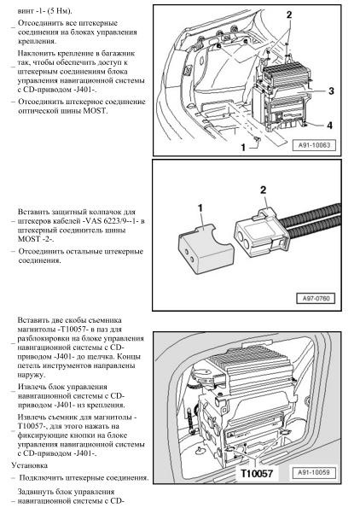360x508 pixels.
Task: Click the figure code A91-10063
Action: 314,145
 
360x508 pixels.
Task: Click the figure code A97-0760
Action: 316,298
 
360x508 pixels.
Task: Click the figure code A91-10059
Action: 314,472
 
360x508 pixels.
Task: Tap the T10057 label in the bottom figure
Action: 257,473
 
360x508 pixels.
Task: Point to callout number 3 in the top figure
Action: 331,91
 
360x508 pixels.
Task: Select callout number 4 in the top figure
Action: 329,125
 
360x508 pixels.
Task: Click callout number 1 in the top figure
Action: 243,148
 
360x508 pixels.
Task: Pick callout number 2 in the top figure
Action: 289,15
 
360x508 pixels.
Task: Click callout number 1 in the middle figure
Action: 200,208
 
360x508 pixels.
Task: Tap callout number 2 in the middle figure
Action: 264,190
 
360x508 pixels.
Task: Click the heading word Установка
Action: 30,465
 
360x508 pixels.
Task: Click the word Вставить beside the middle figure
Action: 32,213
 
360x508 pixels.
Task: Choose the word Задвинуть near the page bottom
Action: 37,492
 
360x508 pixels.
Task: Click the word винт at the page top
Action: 26,11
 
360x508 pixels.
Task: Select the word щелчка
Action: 127,357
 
